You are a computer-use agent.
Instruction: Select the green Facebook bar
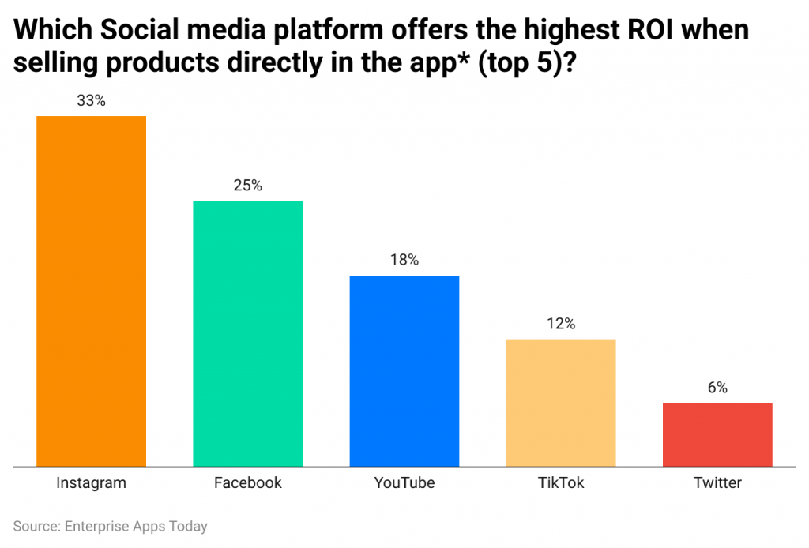coord(247,333)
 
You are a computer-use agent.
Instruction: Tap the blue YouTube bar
coord(404,370)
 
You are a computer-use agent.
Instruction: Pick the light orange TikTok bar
coord(560,402)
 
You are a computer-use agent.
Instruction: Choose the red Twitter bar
coord(717,434)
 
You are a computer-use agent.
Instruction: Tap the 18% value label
coord(404,260)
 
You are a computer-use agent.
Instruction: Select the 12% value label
coord(560,324)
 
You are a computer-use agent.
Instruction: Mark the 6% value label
coord(717,388)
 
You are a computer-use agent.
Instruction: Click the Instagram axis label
coord(91,482)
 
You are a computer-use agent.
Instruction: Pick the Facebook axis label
coord(247,482)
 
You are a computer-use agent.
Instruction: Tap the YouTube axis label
coord(404,482)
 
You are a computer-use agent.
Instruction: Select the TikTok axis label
coord(560,482)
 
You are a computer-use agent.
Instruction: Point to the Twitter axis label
coord(717,482)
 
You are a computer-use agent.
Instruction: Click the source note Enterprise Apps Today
coord(134,525)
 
